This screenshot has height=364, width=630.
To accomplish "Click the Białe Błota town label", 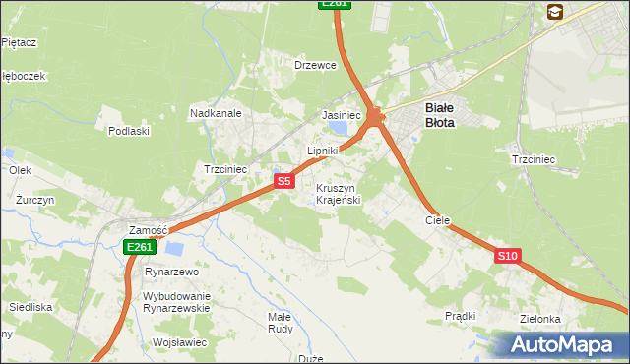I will [x=439, y=115].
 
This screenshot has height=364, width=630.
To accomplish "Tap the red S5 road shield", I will [x=283, y=181].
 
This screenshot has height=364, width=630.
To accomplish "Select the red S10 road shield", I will [x=507, y=256].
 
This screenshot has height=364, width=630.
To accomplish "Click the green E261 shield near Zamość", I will [x=139, y=248].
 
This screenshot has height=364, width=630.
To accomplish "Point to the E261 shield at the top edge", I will [x=335, y=4].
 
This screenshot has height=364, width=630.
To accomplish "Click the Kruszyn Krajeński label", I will [x=338, y=194].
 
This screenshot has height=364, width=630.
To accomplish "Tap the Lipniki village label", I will [x=323, y=151].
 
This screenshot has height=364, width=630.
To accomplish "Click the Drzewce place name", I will [x=316, y=65].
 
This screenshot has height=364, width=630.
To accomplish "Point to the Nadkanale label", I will [x=216, y=114].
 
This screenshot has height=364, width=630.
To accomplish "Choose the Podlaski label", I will [x=129, y=131].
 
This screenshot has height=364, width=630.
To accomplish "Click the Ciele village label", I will [x=437, y=221].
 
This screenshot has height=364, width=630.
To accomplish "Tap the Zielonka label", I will [x=541, y=320].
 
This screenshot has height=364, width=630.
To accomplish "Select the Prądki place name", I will [x=460, y=316].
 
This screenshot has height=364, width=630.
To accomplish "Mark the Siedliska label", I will [x=31, y=307].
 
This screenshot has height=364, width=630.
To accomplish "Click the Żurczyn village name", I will [x=34, y=199].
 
